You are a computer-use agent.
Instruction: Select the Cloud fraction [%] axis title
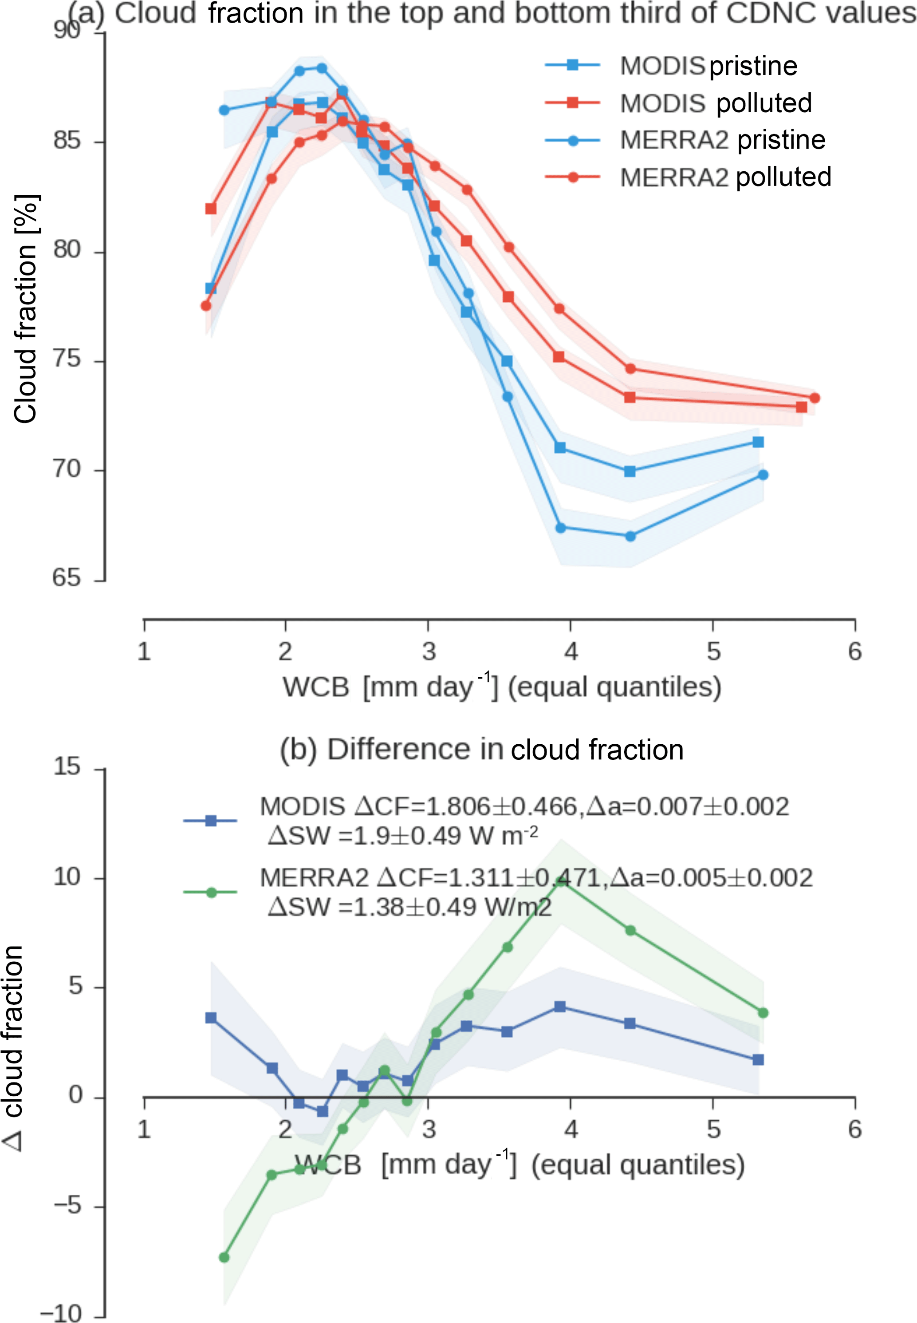pos(25,309)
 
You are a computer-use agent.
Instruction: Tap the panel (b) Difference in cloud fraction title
pos(481,750)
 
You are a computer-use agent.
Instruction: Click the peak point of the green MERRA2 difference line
pos(560,881)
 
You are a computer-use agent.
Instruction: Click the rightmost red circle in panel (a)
pos(814,398)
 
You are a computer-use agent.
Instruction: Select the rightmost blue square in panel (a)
pos(758,442)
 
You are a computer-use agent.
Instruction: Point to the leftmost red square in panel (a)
pos(211,208)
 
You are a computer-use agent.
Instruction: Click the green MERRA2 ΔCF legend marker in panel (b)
pos(211,893)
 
